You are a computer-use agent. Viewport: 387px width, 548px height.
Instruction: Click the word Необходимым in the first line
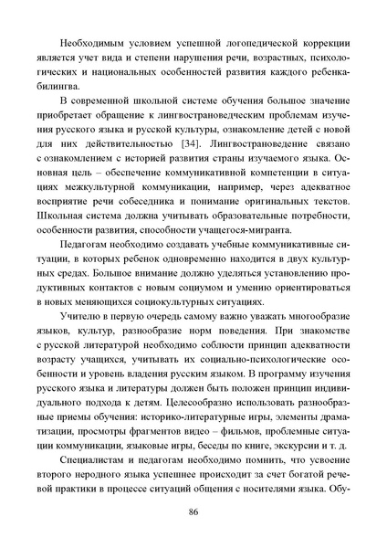(x=90, y=43)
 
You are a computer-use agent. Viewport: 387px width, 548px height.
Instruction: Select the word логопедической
(x=258, y=43)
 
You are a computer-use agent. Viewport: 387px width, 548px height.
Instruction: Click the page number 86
(x=193, y=534)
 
